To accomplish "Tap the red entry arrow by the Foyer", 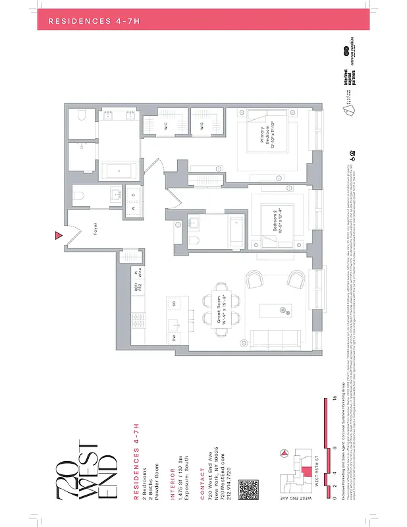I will pyautogui.click(x=59, y=235).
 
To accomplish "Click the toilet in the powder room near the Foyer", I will pyautogui.click(x=78, y=196).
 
